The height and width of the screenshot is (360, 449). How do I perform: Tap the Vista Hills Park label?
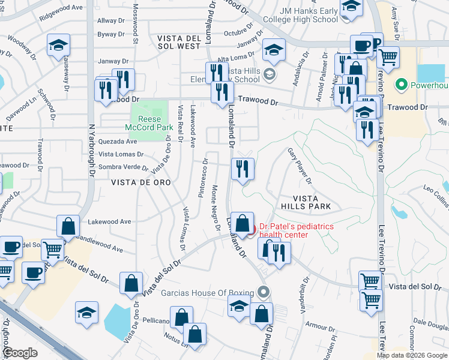pos(312,202)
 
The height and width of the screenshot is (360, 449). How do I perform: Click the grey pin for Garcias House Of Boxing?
pos(263,292)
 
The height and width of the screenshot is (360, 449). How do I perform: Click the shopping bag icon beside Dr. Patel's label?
pos(242,224)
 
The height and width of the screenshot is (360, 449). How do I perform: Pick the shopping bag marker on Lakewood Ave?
pos(68,227)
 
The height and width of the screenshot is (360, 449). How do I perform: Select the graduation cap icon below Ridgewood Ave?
pos(58,46)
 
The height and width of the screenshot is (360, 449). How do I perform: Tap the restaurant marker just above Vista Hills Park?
pos(243,169)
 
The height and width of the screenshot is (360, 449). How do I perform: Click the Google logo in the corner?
pos(20,353)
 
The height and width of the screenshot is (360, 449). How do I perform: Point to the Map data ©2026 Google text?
pos(412,355)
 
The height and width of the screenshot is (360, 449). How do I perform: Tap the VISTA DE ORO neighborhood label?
pos(140,182)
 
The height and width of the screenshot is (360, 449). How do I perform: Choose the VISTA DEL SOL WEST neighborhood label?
pos(178,41)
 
